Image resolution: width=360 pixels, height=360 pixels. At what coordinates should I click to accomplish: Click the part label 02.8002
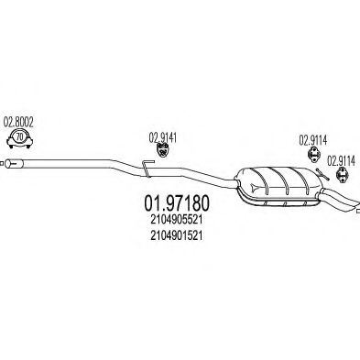18,122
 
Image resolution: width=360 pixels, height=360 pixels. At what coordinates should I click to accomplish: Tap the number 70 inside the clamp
19,137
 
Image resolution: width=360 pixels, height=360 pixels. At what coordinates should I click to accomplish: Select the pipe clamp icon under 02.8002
19,139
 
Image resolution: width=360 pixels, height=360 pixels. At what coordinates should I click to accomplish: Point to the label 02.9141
163,137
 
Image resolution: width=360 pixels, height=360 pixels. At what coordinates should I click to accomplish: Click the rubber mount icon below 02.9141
163,149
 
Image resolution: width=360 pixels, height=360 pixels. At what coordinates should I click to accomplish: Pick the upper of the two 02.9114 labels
312,140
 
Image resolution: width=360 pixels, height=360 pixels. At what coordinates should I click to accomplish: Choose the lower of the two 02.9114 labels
341,161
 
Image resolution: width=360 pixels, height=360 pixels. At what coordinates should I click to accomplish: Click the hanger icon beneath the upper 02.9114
313,153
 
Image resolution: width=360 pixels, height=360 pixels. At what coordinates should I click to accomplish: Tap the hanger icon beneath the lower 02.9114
341,174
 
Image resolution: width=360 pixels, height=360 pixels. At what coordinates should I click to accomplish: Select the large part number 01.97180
177,203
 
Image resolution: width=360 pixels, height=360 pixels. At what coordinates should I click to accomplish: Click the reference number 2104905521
176,220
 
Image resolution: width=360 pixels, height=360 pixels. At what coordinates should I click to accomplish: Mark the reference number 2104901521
176,235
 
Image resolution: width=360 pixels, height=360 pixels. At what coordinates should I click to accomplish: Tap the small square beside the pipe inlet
2,164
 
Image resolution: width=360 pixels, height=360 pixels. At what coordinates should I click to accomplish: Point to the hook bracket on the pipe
147,168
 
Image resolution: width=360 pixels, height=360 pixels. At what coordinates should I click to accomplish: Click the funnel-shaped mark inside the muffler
254,187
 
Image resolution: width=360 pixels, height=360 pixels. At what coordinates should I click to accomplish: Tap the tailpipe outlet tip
355,205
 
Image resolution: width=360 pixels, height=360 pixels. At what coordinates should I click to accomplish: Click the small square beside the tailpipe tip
358,211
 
